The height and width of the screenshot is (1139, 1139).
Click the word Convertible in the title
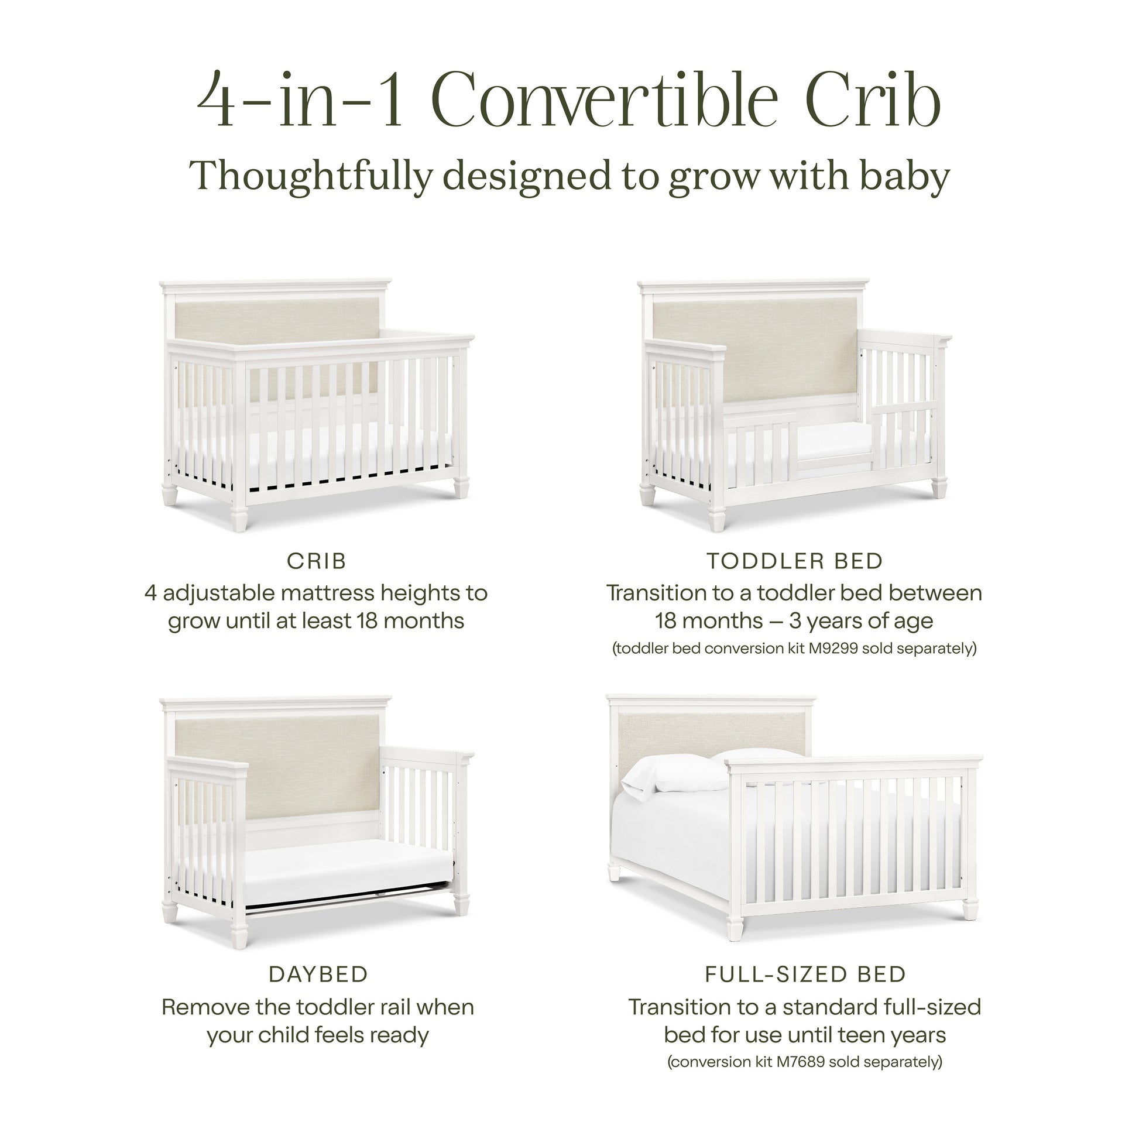(605, 100)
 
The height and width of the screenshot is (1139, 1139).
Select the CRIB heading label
(317, 561)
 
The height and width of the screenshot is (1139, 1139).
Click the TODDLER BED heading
(794, 561)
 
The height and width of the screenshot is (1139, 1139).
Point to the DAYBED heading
(318, 975)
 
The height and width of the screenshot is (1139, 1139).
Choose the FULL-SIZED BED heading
(805, 975)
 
